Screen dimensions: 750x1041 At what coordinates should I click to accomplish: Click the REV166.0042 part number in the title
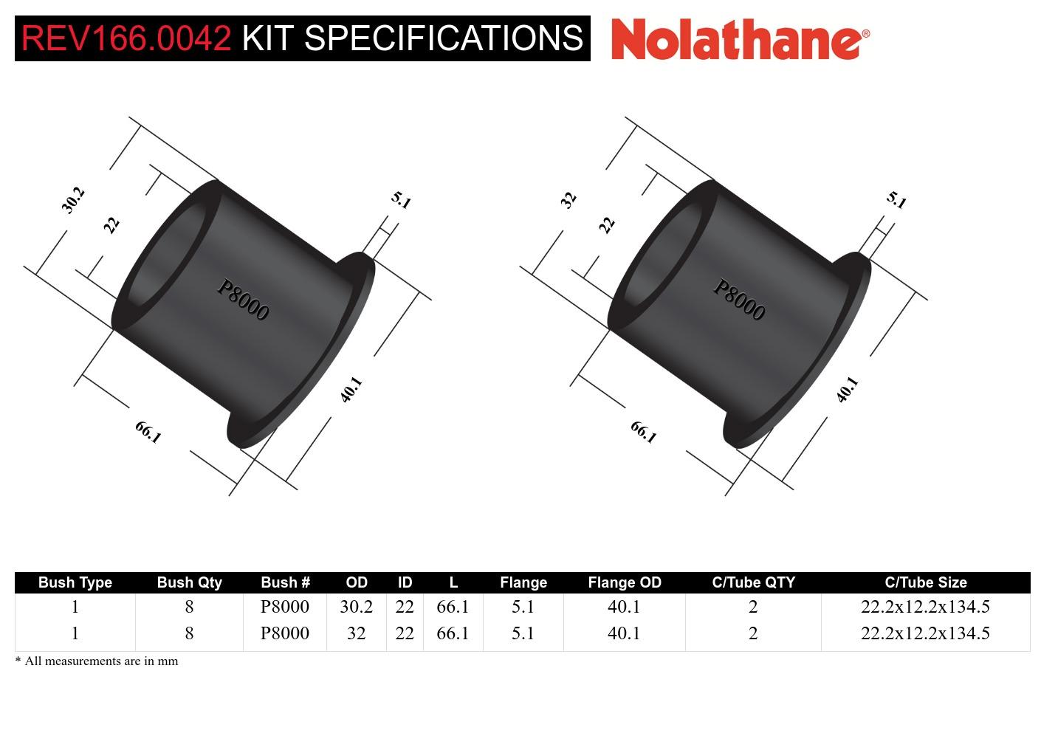tap(126, 38)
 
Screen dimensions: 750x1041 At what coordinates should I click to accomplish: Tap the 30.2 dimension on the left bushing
tap(73, 200)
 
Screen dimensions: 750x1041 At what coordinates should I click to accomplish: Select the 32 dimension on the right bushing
tap(568, 200)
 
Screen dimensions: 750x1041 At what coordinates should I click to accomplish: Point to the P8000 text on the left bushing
tap(243, 300)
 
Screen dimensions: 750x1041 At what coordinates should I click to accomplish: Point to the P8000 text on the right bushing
tap(739, 300)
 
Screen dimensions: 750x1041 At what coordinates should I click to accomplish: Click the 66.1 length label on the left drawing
tap(148, 432)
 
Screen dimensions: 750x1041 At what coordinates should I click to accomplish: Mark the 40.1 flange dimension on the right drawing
tap(847, 389)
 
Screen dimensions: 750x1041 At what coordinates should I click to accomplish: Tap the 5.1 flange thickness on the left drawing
tap(401, 200)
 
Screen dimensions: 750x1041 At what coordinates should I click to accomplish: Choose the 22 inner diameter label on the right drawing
tap(607, 224)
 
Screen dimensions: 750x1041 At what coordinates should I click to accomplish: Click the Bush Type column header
tap(75, 582)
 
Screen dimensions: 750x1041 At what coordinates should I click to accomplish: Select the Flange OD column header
tap(624, 582)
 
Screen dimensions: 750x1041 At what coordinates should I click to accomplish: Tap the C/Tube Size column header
tap(925, 582)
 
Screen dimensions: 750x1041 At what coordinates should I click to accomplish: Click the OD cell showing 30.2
tap(356, 607)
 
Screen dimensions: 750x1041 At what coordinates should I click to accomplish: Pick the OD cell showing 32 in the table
tap(356, 633)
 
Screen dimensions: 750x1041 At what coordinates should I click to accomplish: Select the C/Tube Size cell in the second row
tap(925, 633)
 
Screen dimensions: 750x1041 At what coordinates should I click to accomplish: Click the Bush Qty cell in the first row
tap(189, 607)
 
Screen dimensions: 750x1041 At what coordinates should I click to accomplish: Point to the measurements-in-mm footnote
tap(97, 661)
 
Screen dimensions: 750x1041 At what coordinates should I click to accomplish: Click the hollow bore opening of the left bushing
tap(166, 255)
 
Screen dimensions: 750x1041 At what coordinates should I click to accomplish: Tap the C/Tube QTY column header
tap(753, 582)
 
